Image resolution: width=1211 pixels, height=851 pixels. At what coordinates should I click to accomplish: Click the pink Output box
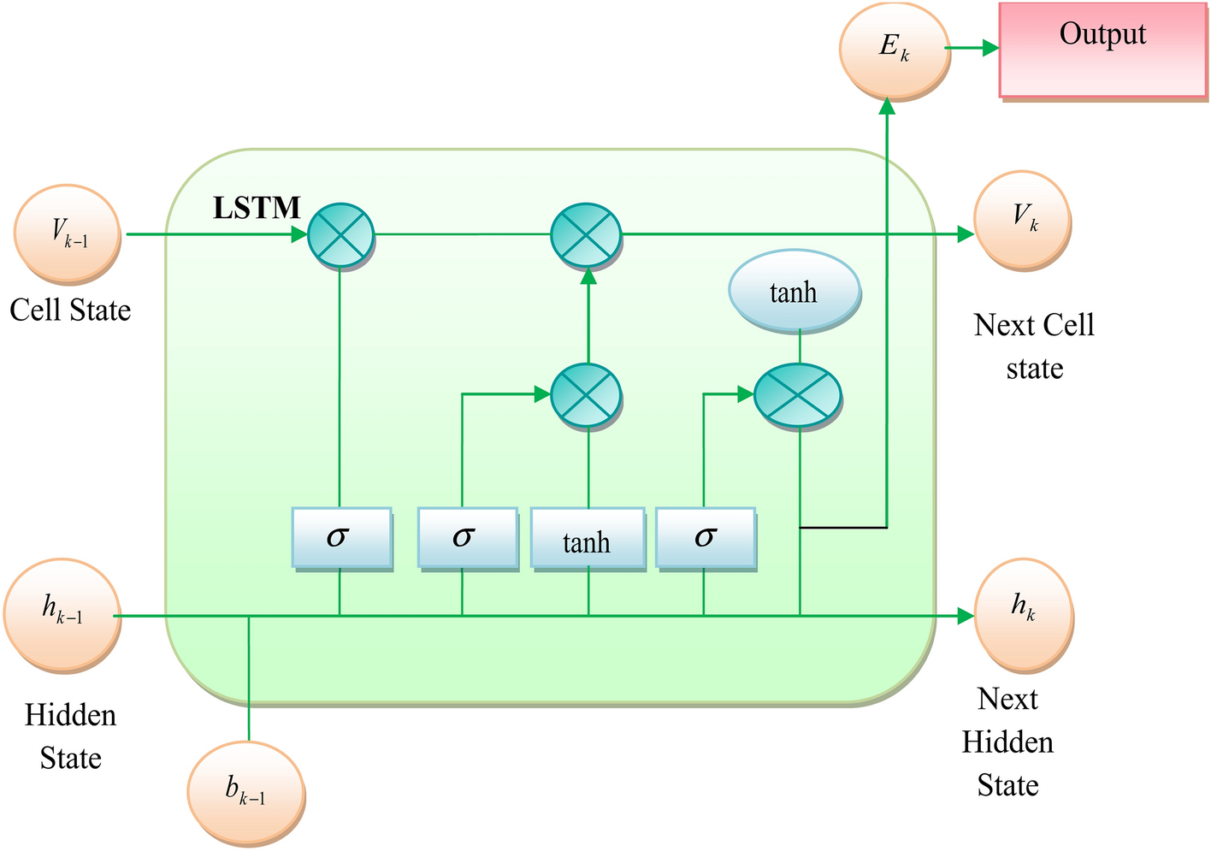(x=1102, y=49)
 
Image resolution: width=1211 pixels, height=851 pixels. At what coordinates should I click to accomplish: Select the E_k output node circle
(x=895, y=48)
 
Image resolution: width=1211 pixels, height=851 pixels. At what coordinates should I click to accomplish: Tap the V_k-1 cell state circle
(x=68, y=233)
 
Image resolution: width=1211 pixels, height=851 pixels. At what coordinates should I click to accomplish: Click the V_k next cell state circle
(x=1023, y=219)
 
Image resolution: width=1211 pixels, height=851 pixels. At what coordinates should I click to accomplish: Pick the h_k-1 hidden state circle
(x=62, y=614)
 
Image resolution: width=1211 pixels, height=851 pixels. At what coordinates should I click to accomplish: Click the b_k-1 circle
(x=246, y=793)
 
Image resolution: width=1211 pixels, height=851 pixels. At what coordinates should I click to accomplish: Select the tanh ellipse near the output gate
(x=794, y=293)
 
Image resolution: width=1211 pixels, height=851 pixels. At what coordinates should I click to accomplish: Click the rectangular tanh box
(x=588, y=540)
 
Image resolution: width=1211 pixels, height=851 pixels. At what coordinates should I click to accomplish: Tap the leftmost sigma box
(x=341, y=538)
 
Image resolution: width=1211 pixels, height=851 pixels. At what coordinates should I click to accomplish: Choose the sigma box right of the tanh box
(x=705, y=538)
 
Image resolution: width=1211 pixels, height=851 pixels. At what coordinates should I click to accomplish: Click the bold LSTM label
(x=257, y=208)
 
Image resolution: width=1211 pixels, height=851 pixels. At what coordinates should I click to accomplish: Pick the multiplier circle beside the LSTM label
(x=340, y=234)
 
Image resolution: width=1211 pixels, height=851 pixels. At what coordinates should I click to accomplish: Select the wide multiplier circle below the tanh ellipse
(x=798, y=395)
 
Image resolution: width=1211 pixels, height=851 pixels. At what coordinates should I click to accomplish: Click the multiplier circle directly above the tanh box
(x=586, y=395)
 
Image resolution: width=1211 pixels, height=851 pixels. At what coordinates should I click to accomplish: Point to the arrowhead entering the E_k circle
(x=888, y=106)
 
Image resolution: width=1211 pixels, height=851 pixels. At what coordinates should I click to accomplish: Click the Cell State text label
(x=70, y=310)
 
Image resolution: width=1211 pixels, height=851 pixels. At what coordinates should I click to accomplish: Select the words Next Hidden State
(x=1007, y=742)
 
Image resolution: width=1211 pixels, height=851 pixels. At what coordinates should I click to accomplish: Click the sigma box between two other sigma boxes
(x=467, y=538)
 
